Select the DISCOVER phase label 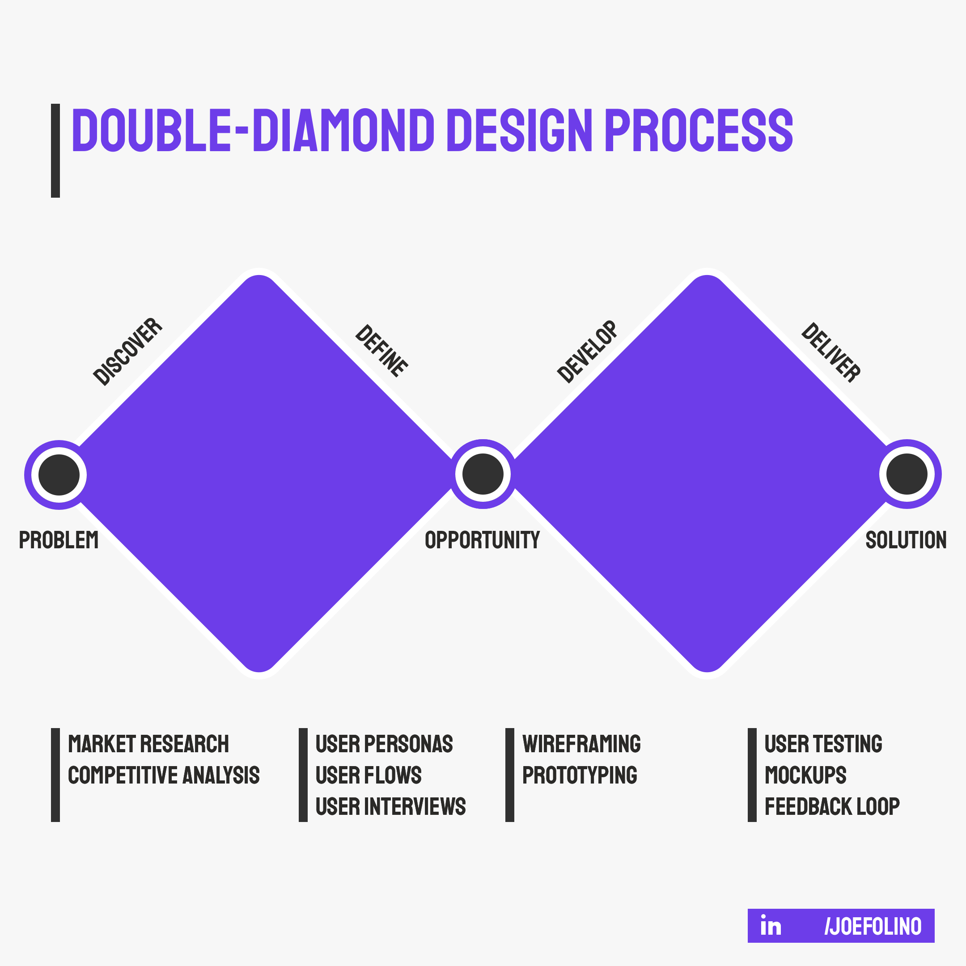(128, 352)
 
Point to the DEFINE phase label (381, 351)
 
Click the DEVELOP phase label (588, 352)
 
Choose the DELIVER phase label (830, 352)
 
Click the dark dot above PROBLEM (59, 475)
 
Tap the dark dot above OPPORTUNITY (483, 474)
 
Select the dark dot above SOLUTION (907, 474)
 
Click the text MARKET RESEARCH (148, 744)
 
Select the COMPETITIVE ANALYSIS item (164, 775)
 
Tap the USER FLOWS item (369, 775)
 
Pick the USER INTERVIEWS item (390, 807)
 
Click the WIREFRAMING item (581, 744)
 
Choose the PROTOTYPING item (580, 775)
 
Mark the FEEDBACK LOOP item (832, 807)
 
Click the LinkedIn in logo (771, 926)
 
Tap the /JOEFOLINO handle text (873, 927)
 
